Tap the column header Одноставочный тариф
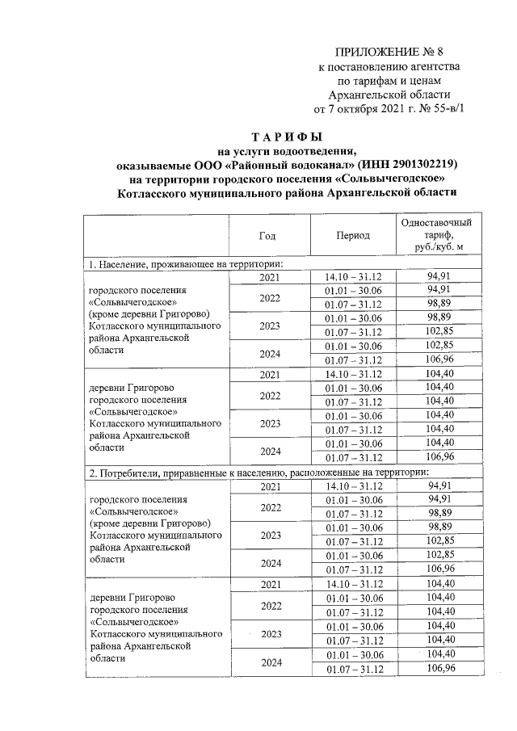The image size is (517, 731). point(436,234)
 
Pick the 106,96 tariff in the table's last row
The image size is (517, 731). point(440,668)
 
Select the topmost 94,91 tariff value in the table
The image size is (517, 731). point(440,278)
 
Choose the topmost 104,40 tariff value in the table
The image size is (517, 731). point(440,375)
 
